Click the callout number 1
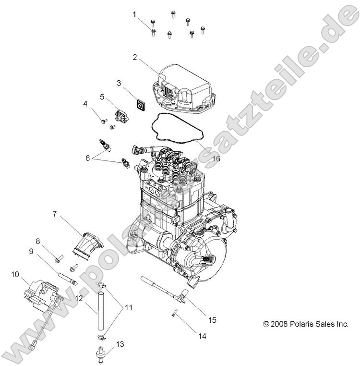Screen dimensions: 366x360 (x=135, y=14)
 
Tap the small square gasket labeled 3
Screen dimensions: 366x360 (x=141, y=104)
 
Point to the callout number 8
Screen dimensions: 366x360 (x=37, y=241)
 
